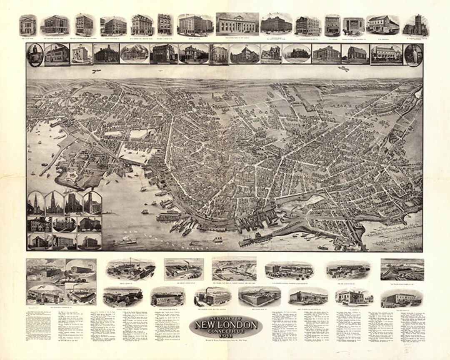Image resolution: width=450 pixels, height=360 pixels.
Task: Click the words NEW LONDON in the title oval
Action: click(x=225, y=325)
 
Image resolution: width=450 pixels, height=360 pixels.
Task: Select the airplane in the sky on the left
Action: click(x=97, y=71)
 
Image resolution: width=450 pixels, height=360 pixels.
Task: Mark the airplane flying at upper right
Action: click(x=343, y=69)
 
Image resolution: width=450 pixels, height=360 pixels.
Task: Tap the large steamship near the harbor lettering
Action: click(x=125, y=241)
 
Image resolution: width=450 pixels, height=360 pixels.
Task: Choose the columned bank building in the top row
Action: click(x=237, y=24)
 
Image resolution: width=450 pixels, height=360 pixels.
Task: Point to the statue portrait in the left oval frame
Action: click(x=35, y=55)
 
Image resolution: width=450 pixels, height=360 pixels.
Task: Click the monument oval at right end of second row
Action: click(x=413, y=55)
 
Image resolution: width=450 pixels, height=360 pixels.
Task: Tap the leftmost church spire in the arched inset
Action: click(x=36, y=203)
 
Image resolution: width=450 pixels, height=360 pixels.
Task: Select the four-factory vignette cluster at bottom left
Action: click(x=61, y=282)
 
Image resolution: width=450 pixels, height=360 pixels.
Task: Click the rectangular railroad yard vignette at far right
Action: click(x=402, y=270)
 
